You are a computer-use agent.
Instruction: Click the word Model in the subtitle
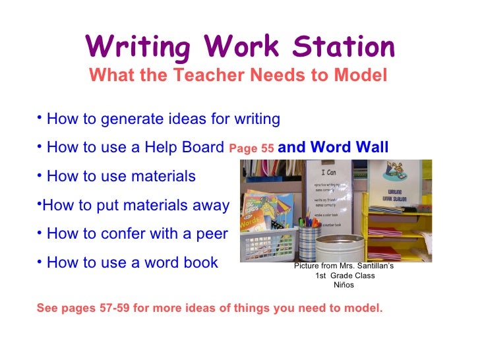click(x=361, y=76)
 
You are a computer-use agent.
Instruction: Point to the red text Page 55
click(x=251, y=149)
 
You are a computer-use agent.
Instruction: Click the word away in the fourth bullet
click(x=211, y=206)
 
